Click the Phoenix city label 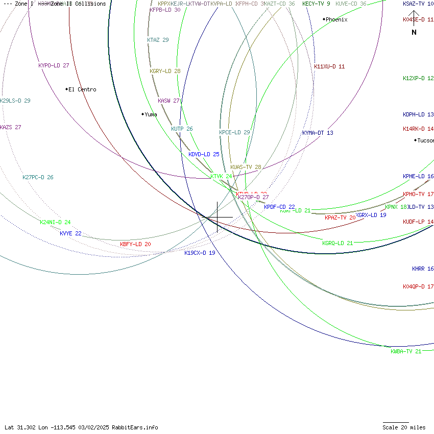coord(336,20)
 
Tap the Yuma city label coord(151,115)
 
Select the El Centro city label coord(82,90)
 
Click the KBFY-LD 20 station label coord(135,245)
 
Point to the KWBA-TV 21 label coord(406,352)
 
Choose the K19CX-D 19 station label coord(200,253)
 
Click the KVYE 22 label coord(70,234)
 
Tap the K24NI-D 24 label coord(55,223)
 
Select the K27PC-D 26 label coord(38,178)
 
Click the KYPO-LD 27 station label coord(54,66)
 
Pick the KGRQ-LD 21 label coord(337,244)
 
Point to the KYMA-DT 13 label coord(318,133)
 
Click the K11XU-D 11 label coord(329,67)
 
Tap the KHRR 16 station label coord(423,269)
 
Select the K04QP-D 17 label coord(418,287)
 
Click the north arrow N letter coord(414,32)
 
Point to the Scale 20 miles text coord(404,428)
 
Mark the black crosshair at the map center coord(218,217)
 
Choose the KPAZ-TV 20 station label coord(340,218)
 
